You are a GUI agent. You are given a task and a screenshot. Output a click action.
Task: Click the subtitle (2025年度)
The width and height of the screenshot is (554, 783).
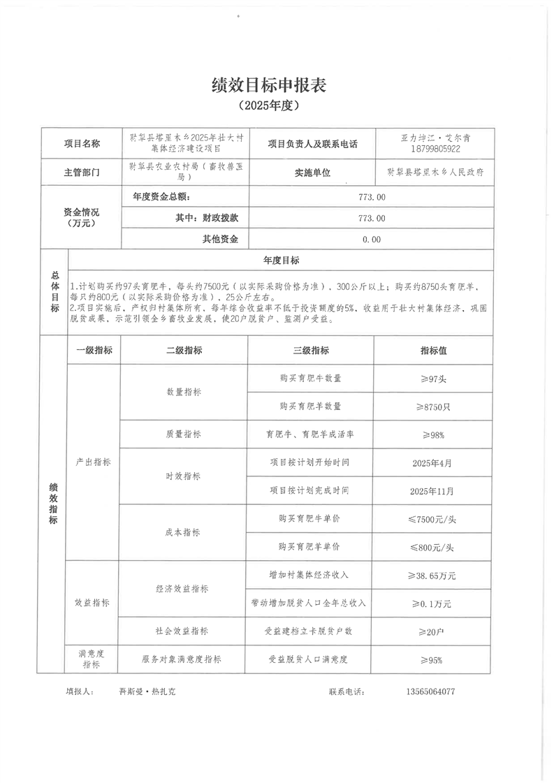(268, 106)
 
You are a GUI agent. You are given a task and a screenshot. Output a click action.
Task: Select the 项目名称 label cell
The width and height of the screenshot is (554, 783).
(82, 144)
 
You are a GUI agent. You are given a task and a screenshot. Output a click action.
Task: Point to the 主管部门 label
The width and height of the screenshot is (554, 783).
(82, 172)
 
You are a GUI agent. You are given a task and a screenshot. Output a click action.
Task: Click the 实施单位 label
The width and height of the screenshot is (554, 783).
(312, 172)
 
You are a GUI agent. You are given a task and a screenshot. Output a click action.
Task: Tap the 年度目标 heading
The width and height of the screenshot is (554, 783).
(281, 261)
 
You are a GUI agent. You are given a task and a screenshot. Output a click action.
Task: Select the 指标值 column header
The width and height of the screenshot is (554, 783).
(433, 351)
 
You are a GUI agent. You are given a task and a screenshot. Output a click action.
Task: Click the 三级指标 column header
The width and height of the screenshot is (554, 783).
(311, 351)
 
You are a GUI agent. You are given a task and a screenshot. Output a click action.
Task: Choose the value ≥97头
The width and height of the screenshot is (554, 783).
(433, 379)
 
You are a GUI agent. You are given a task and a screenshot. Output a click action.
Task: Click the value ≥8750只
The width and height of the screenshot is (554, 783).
(433, 407)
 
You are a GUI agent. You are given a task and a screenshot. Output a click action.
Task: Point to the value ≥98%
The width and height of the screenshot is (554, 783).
(433, 434)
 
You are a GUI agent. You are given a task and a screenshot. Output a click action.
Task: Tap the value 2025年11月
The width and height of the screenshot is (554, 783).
(433, 491)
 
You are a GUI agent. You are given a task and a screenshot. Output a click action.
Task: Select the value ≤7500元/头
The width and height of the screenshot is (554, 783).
(433, 519)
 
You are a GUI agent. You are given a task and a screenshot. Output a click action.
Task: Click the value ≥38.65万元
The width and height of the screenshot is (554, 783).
(433, 576)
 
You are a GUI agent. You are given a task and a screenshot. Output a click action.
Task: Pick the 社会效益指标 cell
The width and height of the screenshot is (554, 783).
(183, 631)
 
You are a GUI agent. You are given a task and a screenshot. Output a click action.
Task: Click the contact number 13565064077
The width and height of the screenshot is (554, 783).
(430, 691)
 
